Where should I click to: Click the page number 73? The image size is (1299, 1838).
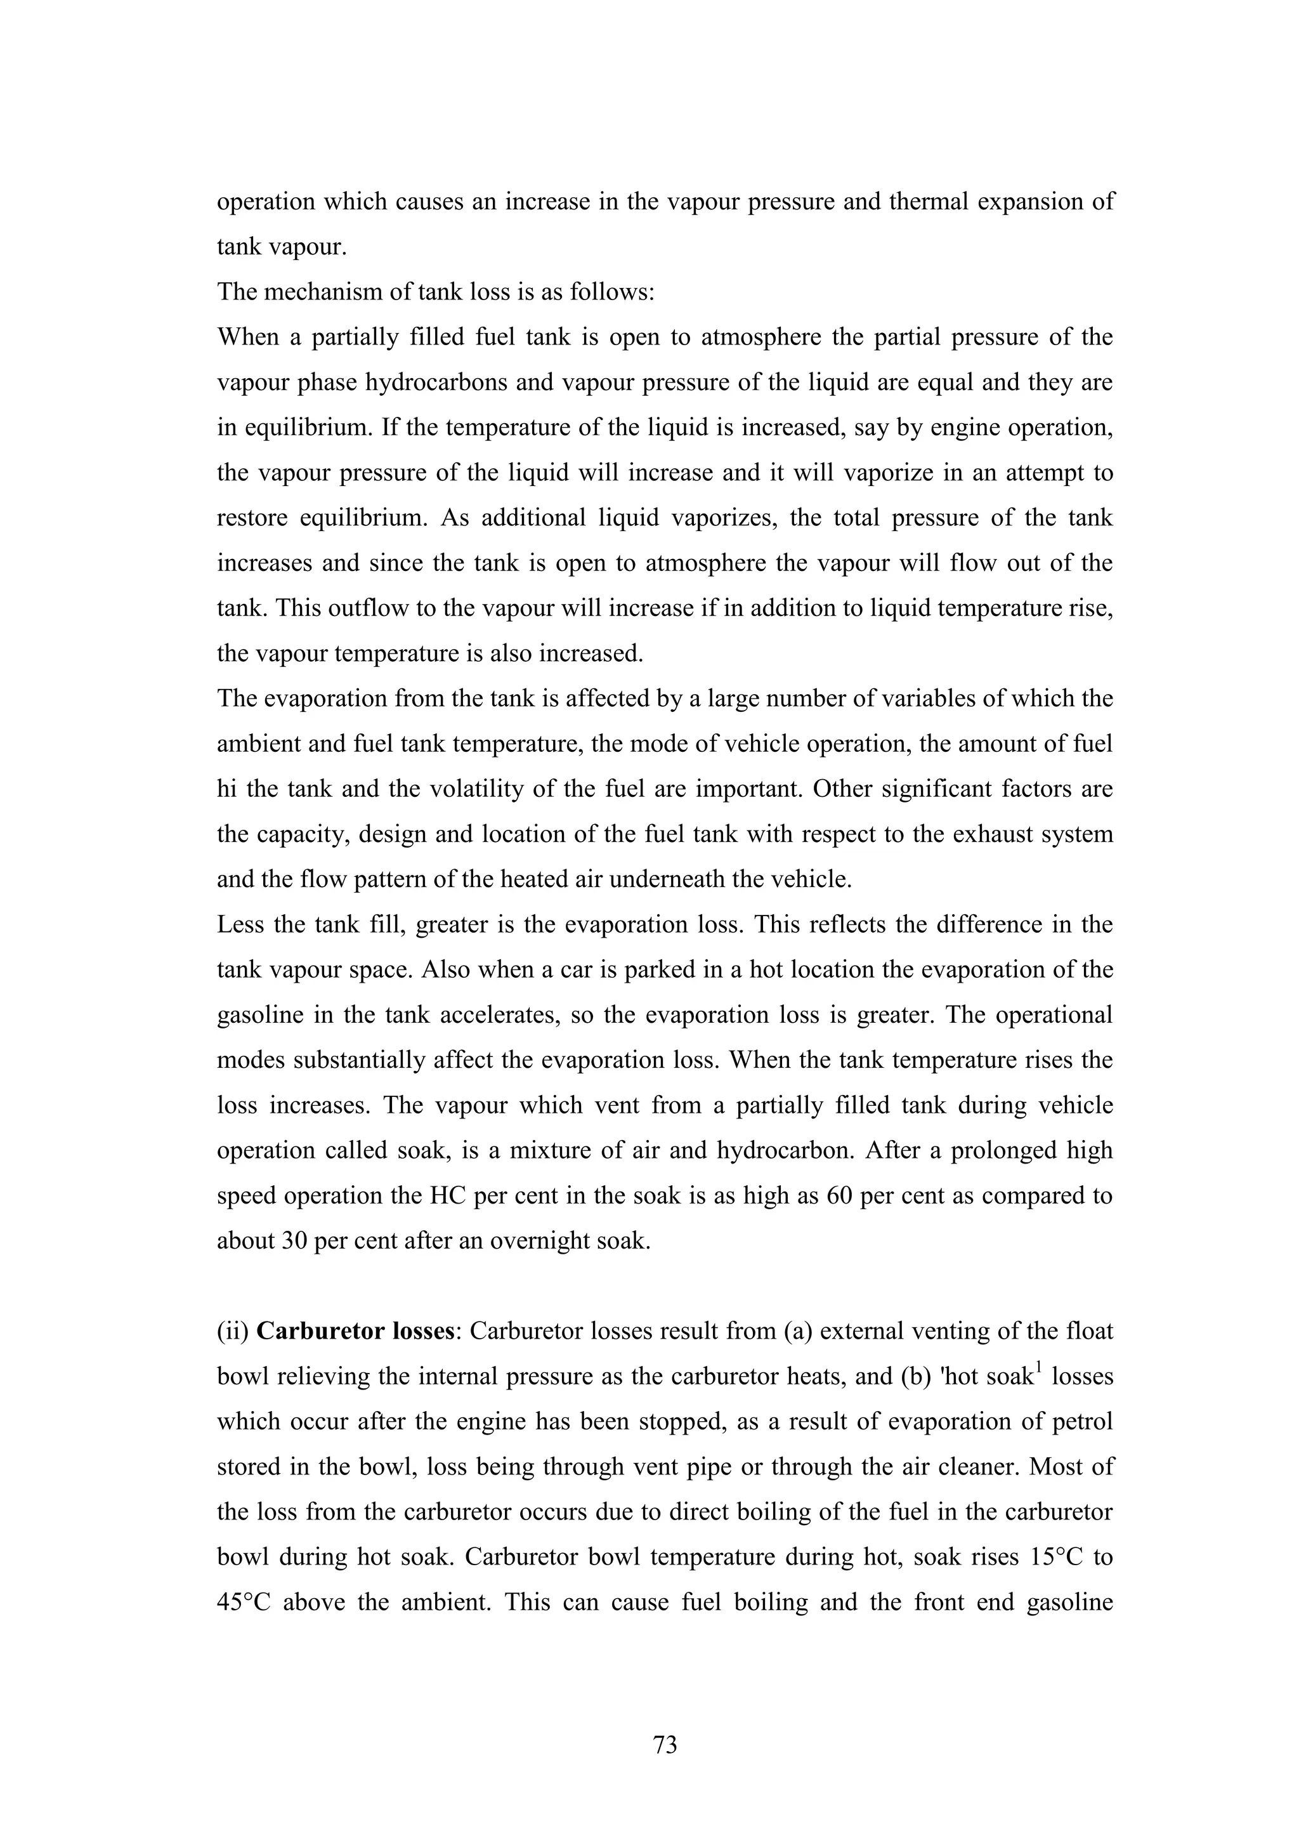click(665, 1743)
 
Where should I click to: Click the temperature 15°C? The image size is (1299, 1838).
click(1045, 1557)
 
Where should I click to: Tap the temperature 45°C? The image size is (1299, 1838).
click(244, 1602)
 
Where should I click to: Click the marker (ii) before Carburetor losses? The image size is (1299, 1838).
click(233, 1331)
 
